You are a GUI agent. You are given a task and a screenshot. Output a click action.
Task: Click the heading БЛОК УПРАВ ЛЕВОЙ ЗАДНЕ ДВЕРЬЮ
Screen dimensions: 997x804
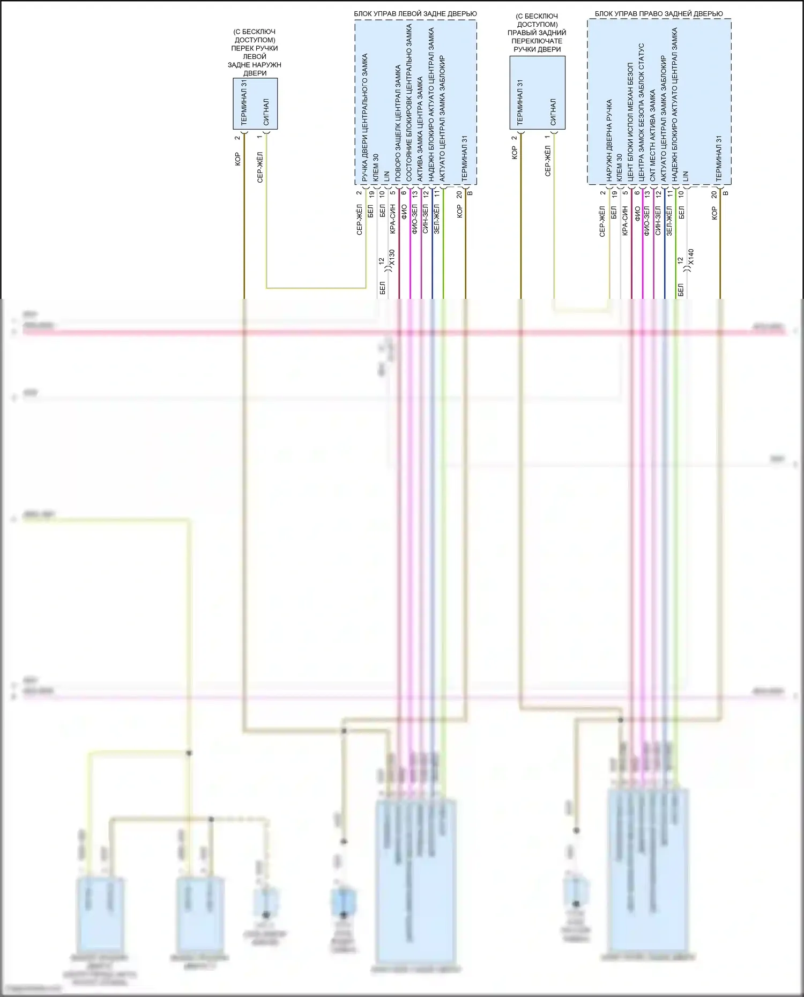[x=415, y=13]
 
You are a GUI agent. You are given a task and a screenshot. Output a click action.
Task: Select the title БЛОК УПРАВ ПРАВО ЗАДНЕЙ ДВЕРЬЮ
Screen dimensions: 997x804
[x=659, y=13]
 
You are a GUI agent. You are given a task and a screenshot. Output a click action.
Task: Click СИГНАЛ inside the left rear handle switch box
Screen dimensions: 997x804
[x=266, y=111]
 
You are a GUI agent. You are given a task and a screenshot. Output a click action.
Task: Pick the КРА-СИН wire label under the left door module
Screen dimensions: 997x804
[x=392, y=218]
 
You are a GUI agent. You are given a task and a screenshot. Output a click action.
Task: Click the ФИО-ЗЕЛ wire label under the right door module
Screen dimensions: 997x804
[x=646, y=220]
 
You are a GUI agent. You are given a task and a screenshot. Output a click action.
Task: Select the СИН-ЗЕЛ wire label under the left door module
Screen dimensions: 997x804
[x=426, y=219]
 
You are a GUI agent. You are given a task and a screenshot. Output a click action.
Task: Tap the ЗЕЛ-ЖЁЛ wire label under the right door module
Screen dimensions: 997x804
[x=669, y=221]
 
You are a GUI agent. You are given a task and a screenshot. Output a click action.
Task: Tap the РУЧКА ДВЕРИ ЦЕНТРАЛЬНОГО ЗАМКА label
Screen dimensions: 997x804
[x=364, y=118]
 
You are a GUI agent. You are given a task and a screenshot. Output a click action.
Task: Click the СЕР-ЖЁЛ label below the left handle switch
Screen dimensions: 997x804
[x=260, y=167]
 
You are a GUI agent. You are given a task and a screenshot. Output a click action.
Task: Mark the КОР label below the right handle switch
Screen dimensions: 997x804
[x=515, y=153]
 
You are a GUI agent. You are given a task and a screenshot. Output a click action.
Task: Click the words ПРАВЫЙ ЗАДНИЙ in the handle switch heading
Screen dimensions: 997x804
[x=537, y=33]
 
